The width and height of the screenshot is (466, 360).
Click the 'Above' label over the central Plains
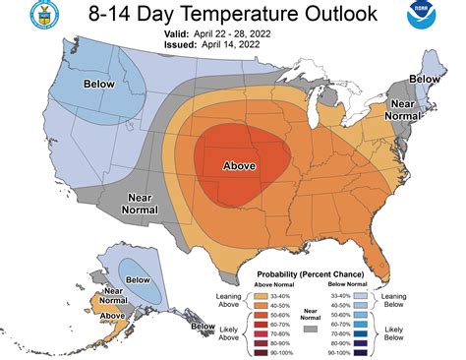click(239, 165)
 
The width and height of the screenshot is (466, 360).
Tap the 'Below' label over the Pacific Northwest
click(99, 85)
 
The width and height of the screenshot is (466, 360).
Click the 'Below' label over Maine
click(424, 78)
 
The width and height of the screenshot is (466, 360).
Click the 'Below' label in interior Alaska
click(138, 279)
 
